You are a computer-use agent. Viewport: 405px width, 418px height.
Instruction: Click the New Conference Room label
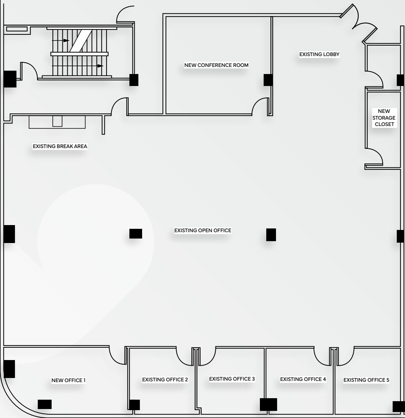click(x=216, y=65)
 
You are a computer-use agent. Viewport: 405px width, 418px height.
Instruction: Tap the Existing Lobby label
click(x=319, y=55)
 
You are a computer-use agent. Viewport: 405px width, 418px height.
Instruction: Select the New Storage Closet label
click(x=384, y=117)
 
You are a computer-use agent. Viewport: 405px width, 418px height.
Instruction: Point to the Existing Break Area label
click(x=60, y=146)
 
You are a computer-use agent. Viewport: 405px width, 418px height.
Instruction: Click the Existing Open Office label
click(x=203, y=230)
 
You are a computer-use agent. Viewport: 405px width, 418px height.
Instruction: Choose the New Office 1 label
click(x=68, y=381)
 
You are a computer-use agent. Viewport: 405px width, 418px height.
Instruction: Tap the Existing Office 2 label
click(x=165, y=379)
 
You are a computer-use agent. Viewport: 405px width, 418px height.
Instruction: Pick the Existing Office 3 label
click(x=232, y=379)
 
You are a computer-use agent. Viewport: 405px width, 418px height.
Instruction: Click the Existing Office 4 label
click(x=303, y=379)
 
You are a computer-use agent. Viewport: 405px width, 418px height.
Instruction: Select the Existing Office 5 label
click(x=366, y=380)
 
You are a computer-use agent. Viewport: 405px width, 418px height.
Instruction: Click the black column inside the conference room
click(x=268, y=80)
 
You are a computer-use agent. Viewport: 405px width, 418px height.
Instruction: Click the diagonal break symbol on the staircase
click(x=79, y=40)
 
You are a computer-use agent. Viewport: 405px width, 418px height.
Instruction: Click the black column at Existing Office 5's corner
click(x=398, y=406)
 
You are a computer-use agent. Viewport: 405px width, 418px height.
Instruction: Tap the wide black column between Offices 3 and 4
click(x=269, y=405)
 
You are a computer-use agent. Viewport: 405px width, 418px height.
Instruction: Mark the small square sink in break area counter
click(x=57, y=121)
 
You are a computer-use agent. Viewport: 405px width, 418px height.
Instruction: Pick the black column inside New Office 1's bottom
click(x=45, y=404)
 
